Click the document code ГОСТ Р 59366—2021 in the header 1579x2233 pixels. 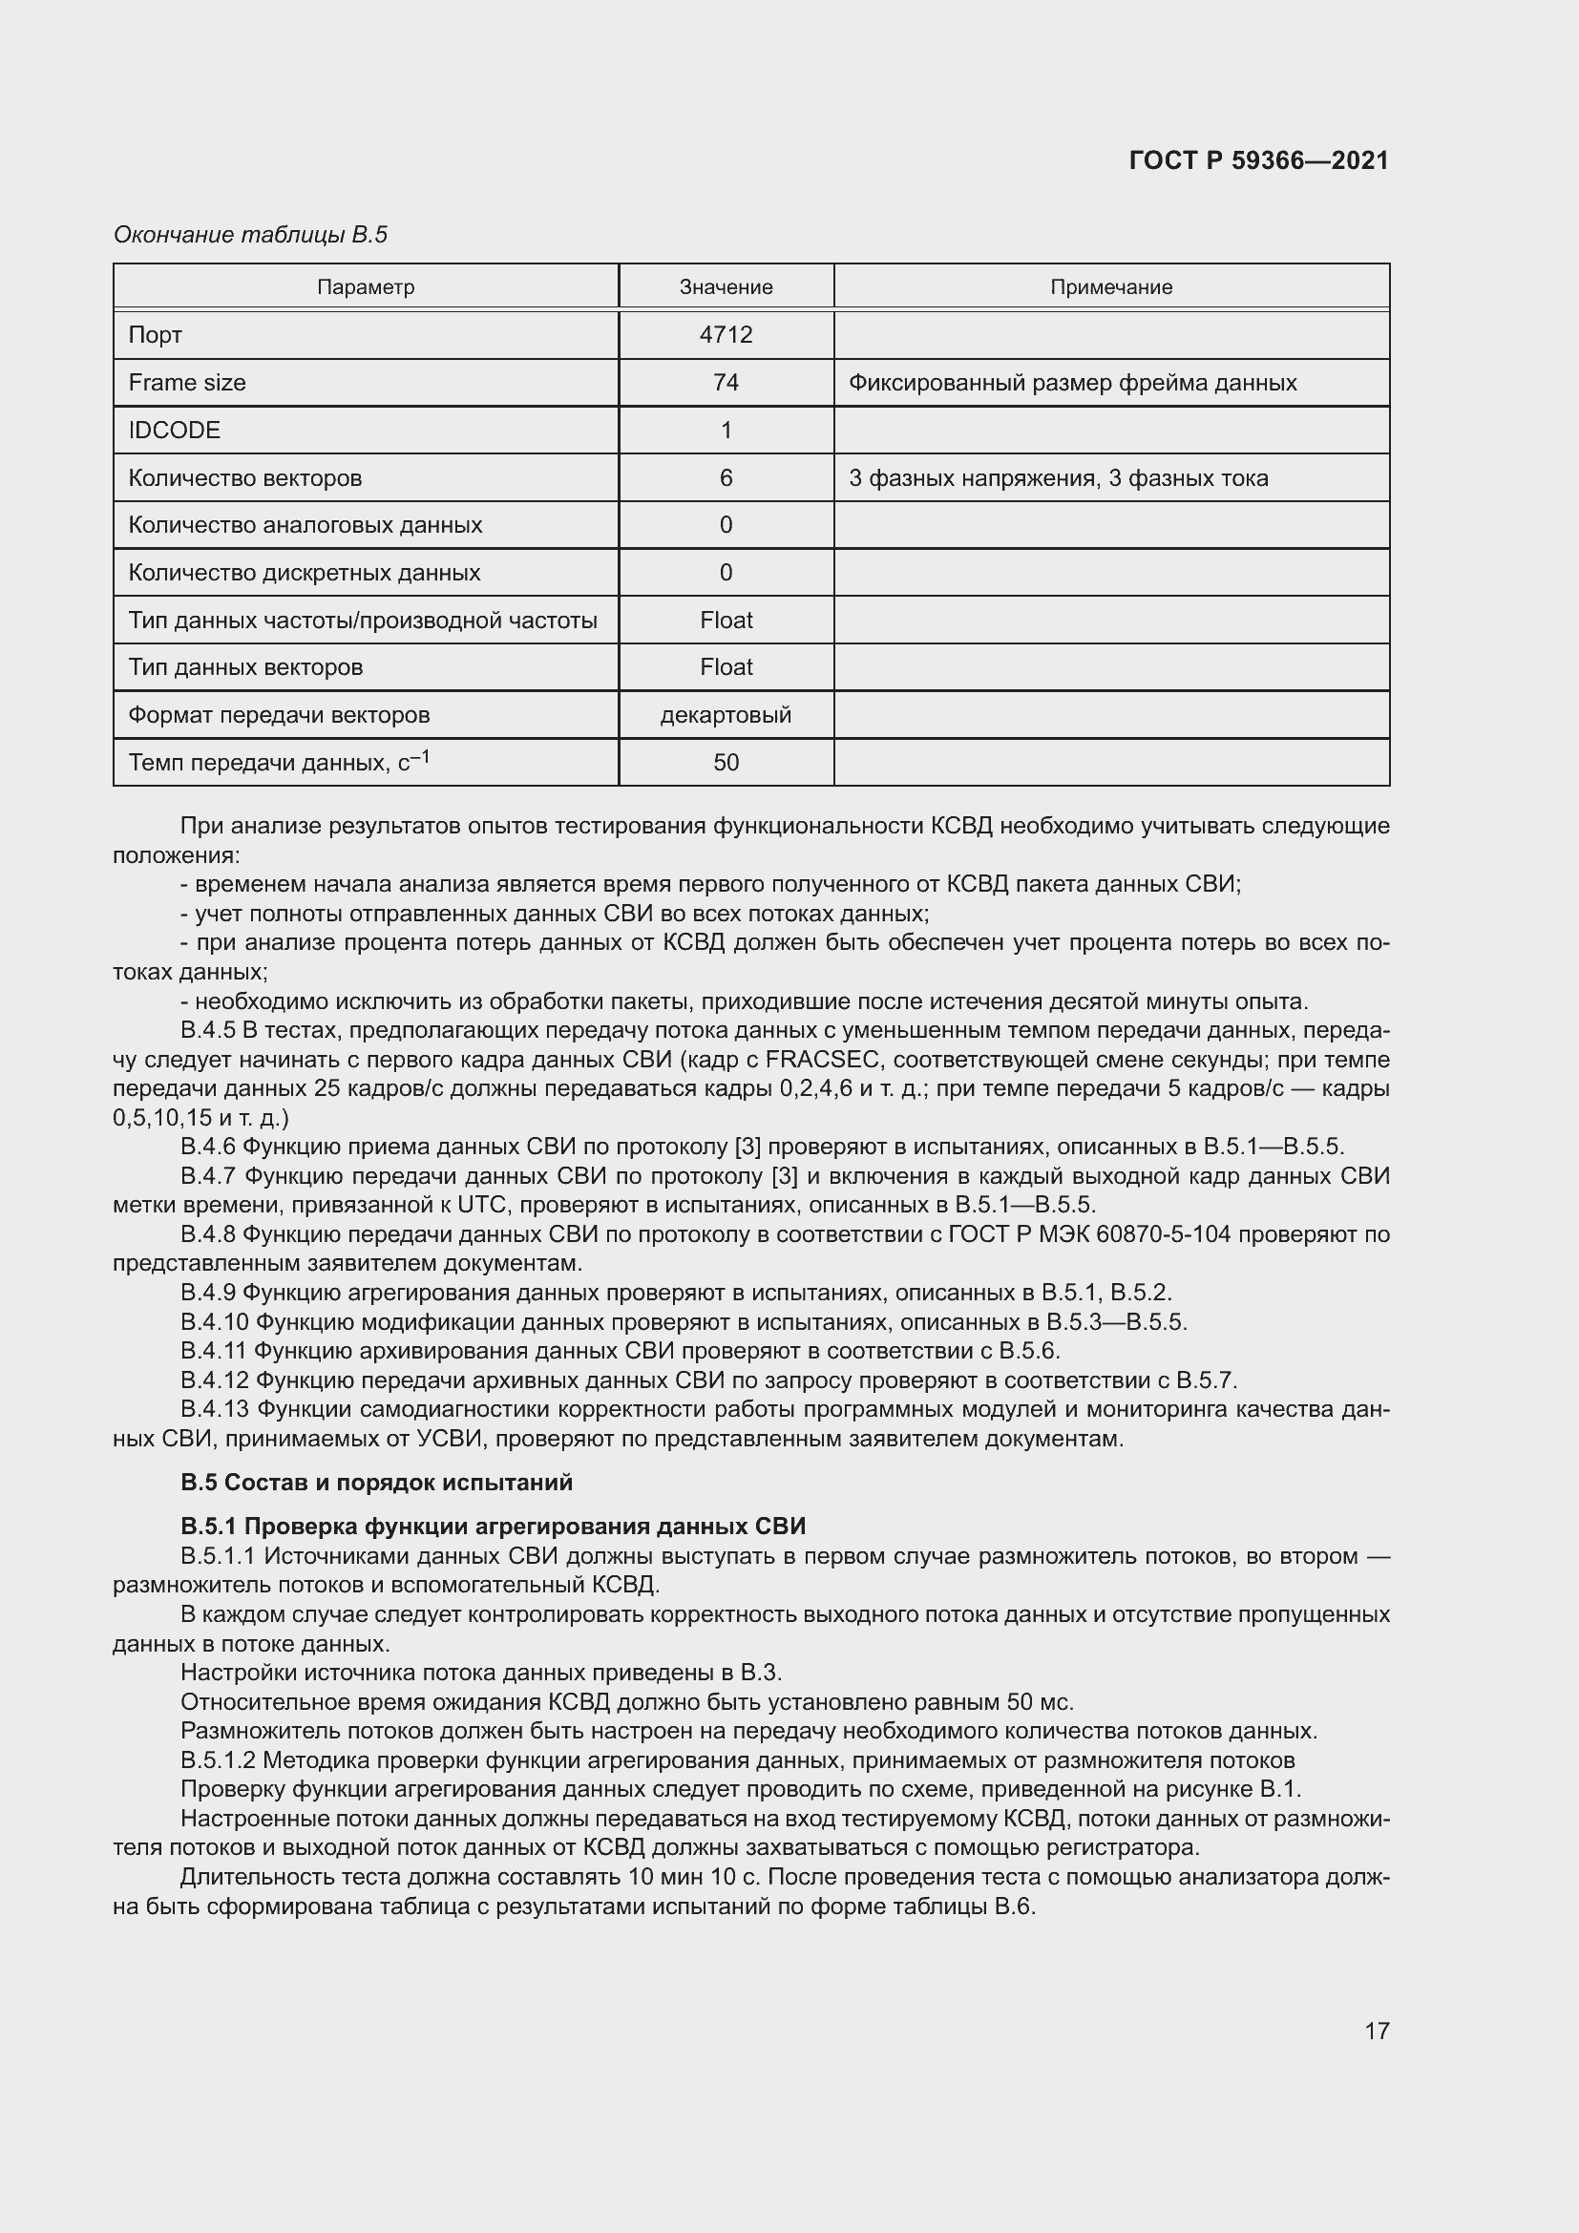coord(1258,160)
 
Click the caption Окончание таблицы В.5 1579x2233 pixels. coord(250,235)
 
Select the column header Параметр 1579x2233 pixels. coord(366,287)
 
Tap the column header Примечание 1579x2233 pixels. coord(1110,287)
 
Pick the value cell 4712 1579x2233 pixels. coord(726,334)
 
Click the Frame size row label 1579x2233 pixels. coord(187,382)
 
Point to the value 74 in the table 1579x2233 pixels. coord(726,382)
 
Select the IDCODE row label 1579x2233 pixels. coord(174,430)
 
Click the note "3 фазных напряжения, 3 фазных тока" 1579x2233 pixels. coord(1058,477)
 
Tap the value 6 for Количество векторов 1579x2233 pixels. coord(726,477)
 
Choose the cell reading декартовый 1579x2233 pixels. coord(726,715)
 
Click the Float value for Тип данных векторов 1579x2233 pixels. coord(726,667)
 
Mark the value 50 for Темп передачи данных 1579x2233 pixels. coord(726,763)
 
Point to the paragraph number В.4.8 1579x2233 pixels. coord(208,1234)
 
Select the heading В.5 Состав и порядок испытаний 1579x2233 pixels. coord(376,1483)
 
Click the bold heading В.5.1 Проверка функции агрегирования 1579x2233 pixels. coord(493,1526)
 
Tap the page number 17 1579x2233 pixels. coord(1377,2030)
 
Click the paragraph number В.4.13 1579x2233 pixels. coord(215,1409)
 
